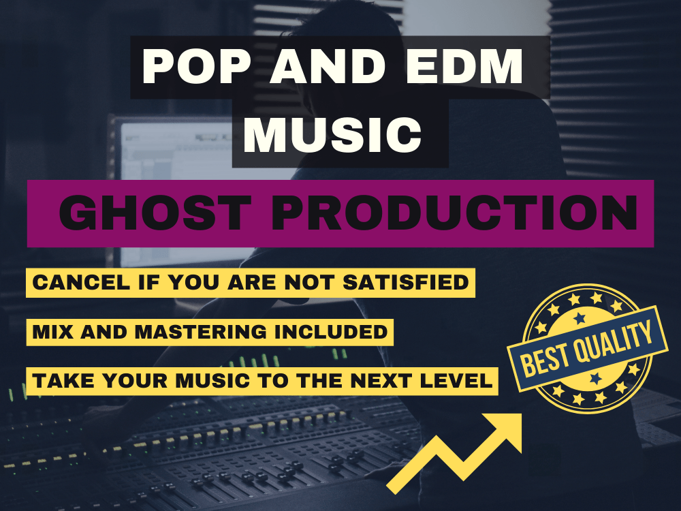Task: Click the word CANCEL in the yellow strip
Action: [x=70, y=282]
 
